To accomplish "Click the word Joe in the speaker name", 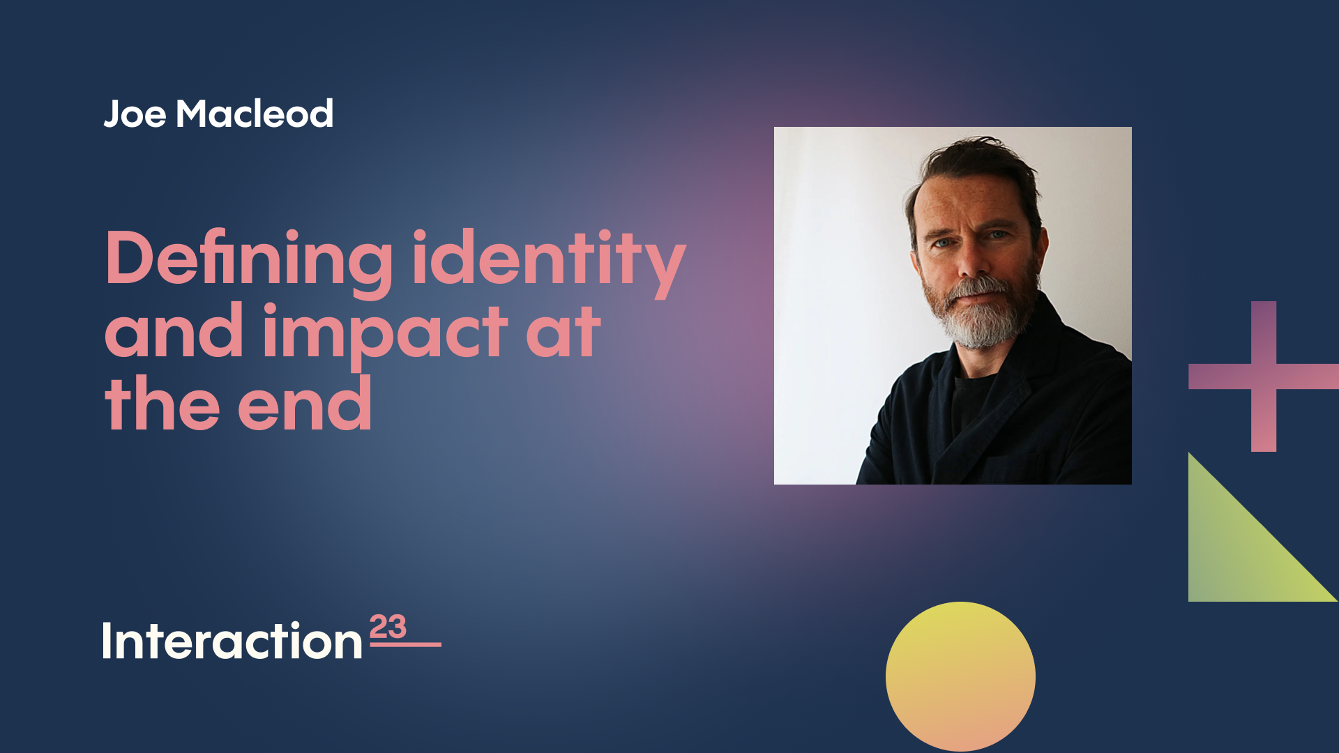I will coord(135,114).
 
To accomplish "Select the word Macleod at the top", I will coord(255,114).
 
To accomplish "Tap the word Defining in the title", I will coord(249,259).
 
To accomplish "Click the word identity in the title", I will coord(548,259).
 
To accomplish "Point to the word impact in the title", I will coord(385,333).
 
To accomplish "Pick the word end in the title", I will coord(305,405).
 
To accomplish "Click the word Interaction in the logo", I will coord(232,641).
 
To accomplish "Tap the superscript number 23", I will coord(388,627).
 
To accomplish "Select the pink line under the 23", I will coord(405,644).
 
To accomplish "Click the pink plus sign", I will coord(1263,376).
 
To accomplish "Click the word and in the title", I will coord(174,333).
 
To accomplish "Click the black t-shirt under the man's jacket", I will coord(973,401).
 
